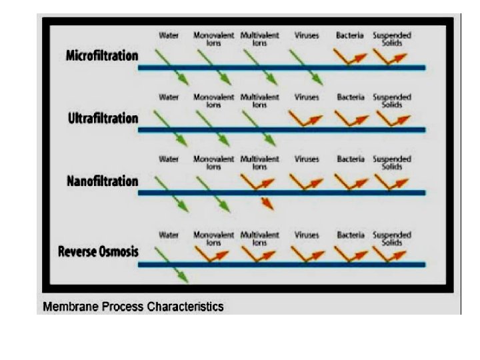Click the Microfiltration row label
pos(102,55)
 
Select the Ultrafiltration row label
pos(103,119)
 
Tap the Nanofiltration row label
pos(103,181)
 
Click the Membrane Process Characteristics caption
pos(133,307)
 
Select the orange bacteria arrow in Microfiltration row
pos(349,57)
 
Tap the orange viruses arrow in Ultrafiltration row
pos(306,119)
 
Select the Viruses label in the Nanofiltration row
pos(306,160)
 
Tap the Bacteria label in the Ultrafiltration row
pos(350,97)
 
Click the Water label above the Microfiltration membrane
pos(169,34)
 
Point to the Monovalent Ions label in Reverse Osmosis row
pos(213,238)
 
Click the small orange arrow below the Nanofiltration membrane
pos(267,203)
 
